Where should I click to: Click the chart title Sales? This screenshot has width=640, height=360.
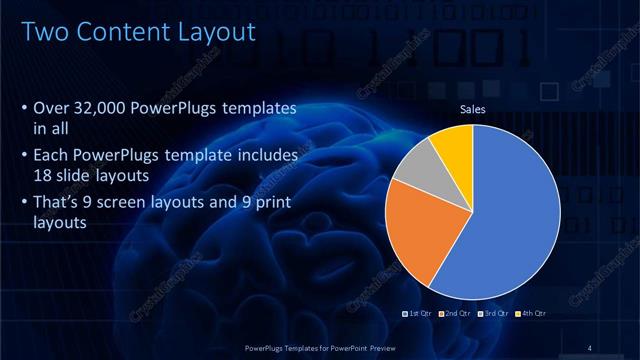click(472, 109)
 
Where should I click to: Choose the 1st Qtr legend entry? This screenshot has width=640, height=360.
click(418, 315)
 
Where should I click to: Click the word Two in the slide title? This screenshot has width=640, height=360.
click(46, 32)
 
